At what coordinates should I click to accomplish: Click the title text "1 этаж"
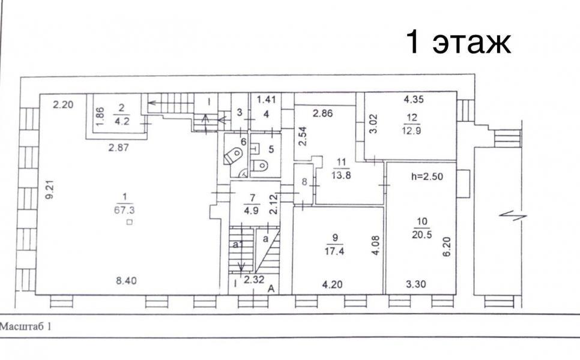(x=458, y=42)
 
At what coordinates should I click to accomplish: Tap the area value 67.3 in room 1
(x=125, y=211)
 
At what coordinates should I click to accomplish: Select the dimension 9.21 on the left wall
(x=50, y=190)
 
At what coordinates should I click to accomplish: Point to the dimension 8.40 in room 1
(x=126, y=281)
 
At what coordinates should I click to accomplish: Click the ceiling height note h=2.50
(x=427, y=176)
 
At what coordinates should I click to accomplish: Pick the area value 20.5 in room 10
(x=421, y=235)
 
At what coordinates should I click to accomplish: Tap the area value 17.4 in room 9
(x=334, y=251)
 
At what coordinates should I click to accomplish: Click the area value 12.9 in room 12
(x=411, y=130)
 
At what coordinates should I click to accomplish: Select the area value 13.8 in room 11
(x=340, y=175)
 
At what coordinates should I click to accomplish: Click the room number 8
(x=304, y=181)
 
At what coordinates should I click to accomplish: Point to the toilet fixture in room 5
(x=259, y=165)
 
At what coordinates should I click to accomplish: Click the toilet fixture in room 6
(x=233, y=155)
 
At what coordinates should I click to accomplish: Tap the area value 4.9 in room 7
(x=251, y=211)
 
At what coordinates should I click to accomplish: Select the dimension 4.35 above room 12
(x=414, y=99)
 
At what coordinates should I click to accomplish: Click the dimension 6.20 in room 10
(x=447, y=247)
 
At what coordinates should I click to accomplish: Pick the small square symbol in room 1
(x=129, y=222)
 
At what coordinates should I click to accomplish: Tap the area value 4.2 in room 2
(x=122, y=121)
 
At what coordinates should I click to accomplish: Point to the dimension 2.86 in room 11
(x=322, y=113)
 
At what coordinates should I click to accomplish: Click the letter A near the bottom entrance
(x=271, y=289)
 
